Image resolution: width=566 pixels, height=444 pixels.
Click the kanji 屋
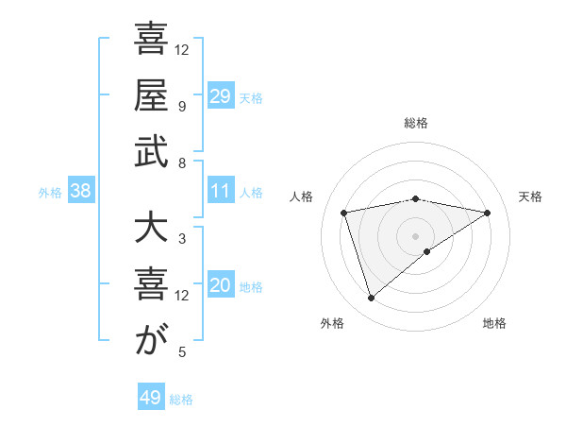tap(150, 95)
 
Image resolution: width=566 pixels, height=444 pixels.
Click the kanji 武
tap(150, 152)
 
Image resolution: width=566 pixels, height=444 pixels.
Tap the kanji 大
tap(150, 230)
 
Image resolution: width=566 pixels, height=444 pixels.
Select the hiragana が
tap(150, 342)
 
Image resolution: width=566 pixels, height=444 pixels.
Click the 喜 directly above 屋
tap(150, 40)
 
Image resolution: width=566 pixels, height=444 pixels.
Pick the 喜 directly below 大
tap(150, 285)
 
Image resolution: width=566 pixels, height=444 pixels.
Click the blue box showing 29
tap(220, 95)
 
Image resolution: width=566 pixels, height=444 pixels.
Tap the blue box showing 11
tap(220, 190)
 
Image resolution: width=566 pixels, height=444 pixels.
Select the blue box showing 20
tap(220, 285)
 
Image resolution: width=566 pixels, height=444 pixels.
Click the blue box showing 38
tap(80, 191)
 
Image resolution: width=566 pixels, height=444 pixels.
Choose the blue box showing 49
tap(151, 398)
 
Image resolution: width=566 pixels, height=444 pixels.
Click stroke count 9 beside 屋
tap(181, 106)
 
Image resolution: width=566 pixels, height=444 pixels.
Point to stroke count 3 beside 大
tap(181, 239)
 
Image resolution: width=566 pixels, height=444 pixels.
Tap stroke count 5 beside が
tap(181, 352)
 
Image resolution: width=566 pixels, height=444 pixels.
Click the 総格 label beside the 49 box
tap(182, 400)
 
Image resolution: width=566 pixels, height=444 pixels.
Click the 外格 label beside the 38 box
tap(50, 193)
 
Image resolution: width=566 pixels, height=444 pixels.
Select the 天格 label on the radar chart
tap(530, 196)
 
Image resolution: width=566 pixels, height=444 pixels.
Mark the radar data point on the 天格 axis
tap(488, 213)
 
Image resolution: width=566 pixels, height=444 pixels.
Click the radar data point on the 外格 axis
tap(371, 298)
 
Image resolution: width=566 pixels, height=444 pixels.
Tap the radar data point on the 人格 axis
tap(344, 213)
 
